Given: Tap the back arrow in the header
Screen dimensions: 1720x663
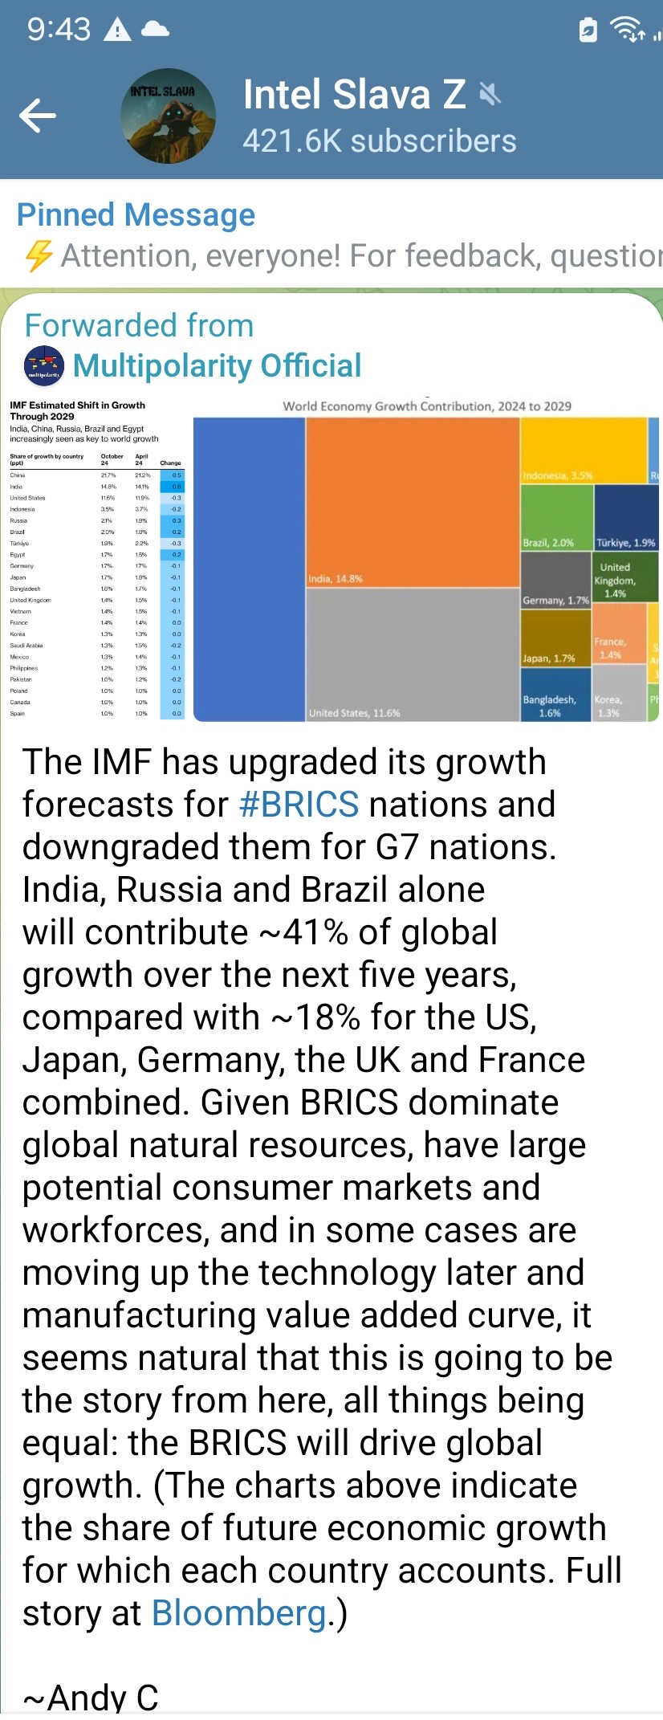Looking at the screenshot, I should point(38,115).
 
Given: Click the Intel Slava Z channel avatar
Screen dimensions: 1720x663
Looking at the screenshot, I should point(168,116).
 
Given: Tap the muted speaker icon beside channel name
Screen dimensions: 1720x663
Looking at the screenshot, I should point(490,95).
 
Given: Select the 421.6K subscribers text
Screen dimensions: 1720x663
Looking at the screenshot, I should point(379,141).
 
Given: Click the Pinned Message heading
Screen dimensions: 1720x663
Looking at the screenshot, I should point(136,215).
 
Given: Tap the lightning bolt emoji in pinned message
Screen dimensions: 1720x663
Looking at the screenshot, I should point(39,256).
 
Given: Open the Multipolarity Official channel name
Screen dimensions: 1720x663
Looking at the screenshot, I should point(217,365).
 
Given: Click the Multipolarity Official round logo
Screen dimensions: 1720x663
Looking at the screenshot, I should point(44,365).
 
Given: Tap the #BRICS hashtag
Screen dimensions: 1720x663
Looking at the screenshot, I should point(299,805).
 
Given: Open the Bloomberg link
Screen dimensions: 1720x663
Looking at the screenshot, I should point(239,1613).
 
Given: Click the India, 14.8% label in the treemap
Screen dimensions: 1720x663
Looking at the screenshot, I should point(336,578).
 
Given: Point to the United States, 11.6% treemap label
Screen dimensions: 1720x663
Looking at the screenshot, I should point(354,713).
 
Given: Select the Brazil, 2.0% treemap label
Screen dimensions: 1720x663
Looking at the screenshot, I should point(548,543).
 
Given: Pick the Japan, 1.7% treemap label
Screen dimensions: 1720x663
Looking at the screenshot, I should point(548,658).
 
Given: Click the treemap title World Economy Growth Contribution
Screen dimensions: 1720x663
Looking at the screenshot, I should point(426,406).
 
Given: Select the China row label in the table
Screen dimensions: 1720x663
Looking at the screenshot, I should point(18,475).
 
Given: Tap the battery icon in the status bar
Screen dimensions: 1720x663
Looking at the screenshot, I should point(588,30).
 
